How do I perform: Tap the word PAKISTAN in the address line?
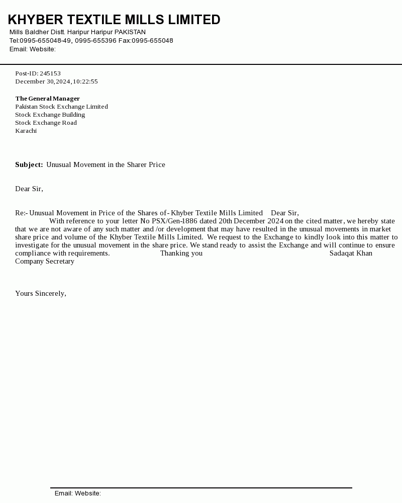130,32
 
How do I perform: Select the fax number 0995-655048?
152,41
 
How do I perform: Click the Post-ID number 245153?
50,73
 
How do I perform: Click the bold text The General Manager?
47,99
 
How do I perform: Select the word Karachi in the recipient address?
26,131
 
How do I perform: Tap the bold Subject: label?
29,165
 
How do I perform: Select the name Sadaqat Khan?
351,254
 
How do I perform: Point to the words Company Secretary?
45,262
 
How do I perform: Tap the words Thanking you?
181,254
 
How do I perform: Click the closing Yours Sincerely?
41,294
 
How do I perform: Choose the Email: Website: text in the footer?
78,493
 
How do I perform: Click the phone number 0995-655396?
95,41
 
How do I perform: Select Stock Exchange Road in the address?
46,123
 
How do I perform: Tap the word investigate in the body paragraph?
32,245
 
